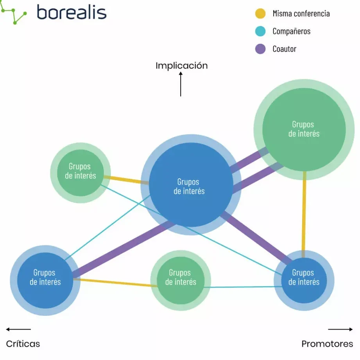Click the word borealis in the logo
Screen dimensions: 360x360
[x=72, y=13]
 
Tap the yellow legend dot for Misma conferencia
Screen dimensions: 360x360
[x=260, y=14]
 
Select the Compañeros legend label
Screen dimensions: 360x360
[x=291, y=31]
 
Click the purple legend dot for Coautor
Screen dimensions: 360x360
[x=260, y=49]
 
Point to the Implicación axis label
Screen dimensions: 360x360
[x=181, y=66]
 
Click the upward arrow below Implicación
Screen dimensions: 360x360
[x=181, y=85]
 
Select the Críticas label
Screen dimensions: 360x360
[x=23, y=344]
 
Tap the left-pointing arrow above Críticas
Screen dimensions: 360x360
[x=18, y=329]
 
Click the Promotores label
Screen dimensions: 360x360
[x=327, y=344]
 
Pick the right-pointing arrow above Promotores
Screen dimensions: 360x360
[x=340, y=329]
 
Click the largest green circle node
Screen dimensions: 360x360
[x=304, y=129]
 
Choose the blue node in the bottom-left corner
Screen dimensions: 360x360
[x=45, y=280]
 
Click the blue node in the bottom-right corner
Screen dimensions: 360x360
[x=304, y=280]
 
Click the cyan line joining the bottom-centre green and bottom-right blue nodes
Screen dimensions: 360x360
[x=238, y=287]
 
